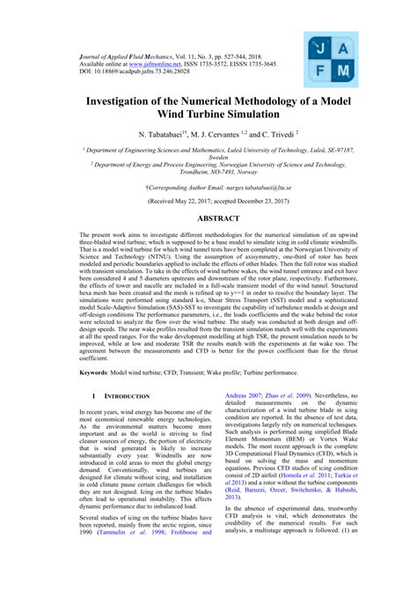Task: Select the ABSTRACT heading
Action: pyautogui.click(x=208, y=217)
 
